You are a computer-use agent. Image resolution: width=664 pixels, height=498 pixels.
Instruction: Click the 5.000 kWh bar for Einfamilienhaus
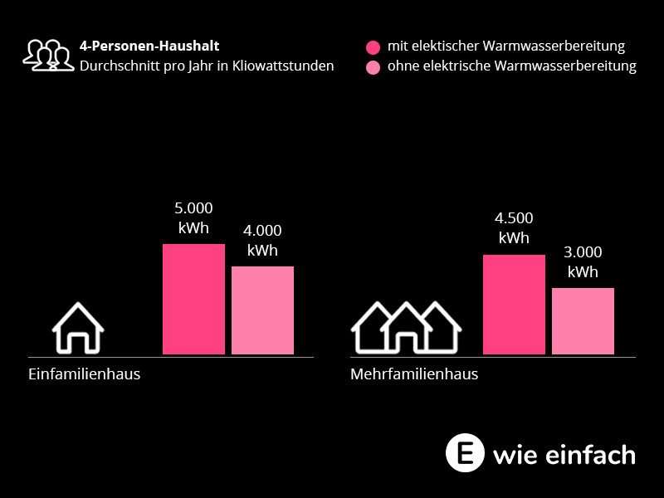[x=193, y=299]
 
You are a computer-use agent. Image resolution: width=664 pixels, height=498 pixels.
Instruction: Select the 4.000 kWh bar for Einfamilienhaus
[x=262, y=310]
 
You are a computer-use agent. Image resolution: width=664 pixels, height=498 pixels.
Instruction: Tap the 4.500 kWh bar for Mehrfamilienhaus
[x=514, y=305]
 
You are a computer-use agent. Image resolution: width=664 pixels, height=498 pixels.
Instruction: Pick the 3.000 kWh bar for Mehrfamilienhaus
[x=583, y=321]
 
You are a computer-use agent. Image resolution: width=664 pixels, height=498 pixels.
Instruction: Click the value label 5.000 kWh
[x=193, y=218]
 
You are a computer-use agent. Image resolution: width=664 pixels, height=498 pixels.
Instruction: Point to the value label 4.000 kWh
[x=262, y=241]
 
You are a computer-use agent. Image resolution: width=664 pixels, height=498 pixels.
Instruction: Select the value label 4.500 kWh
[x=514, y=228]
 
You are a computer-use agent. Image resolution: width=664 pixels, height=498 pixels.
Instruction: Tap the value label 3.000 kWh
[x=583, y=262]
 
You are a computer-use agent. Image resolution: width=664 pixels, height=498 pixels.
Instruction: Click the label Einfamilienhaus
[x=85, y=374]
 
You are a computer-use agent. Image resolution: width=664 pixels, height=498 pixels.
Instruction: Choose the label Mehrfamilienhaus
[x=414, y=374]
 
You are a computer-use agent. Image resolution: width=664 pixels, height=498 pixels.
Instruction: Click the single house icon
[x=78, y=328]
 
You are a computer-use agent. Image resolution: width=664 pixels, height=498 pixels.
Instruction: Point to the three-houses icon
[x=406, y=327]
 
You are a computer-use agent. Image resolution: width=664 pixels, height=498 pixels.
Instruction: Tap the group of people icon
[x=48, y=55]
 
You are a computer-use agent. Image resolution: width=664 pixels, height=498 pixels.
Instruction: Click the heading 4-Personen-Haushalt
[x=149, y=46]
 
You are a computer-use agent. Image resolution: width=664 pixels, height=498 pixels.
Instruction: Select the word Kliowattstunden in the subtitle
[x=283, y=66]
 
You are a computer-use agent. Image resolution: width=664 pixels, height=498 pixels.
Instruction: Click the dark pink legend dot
[x=373, y=47]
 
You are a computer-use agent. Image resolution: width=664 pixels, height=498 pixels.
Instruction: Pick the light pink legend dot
[x=373, y=67]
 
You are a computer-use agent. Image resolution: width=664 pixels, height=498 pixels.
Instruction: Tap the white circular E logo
[x=465, y=453]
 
